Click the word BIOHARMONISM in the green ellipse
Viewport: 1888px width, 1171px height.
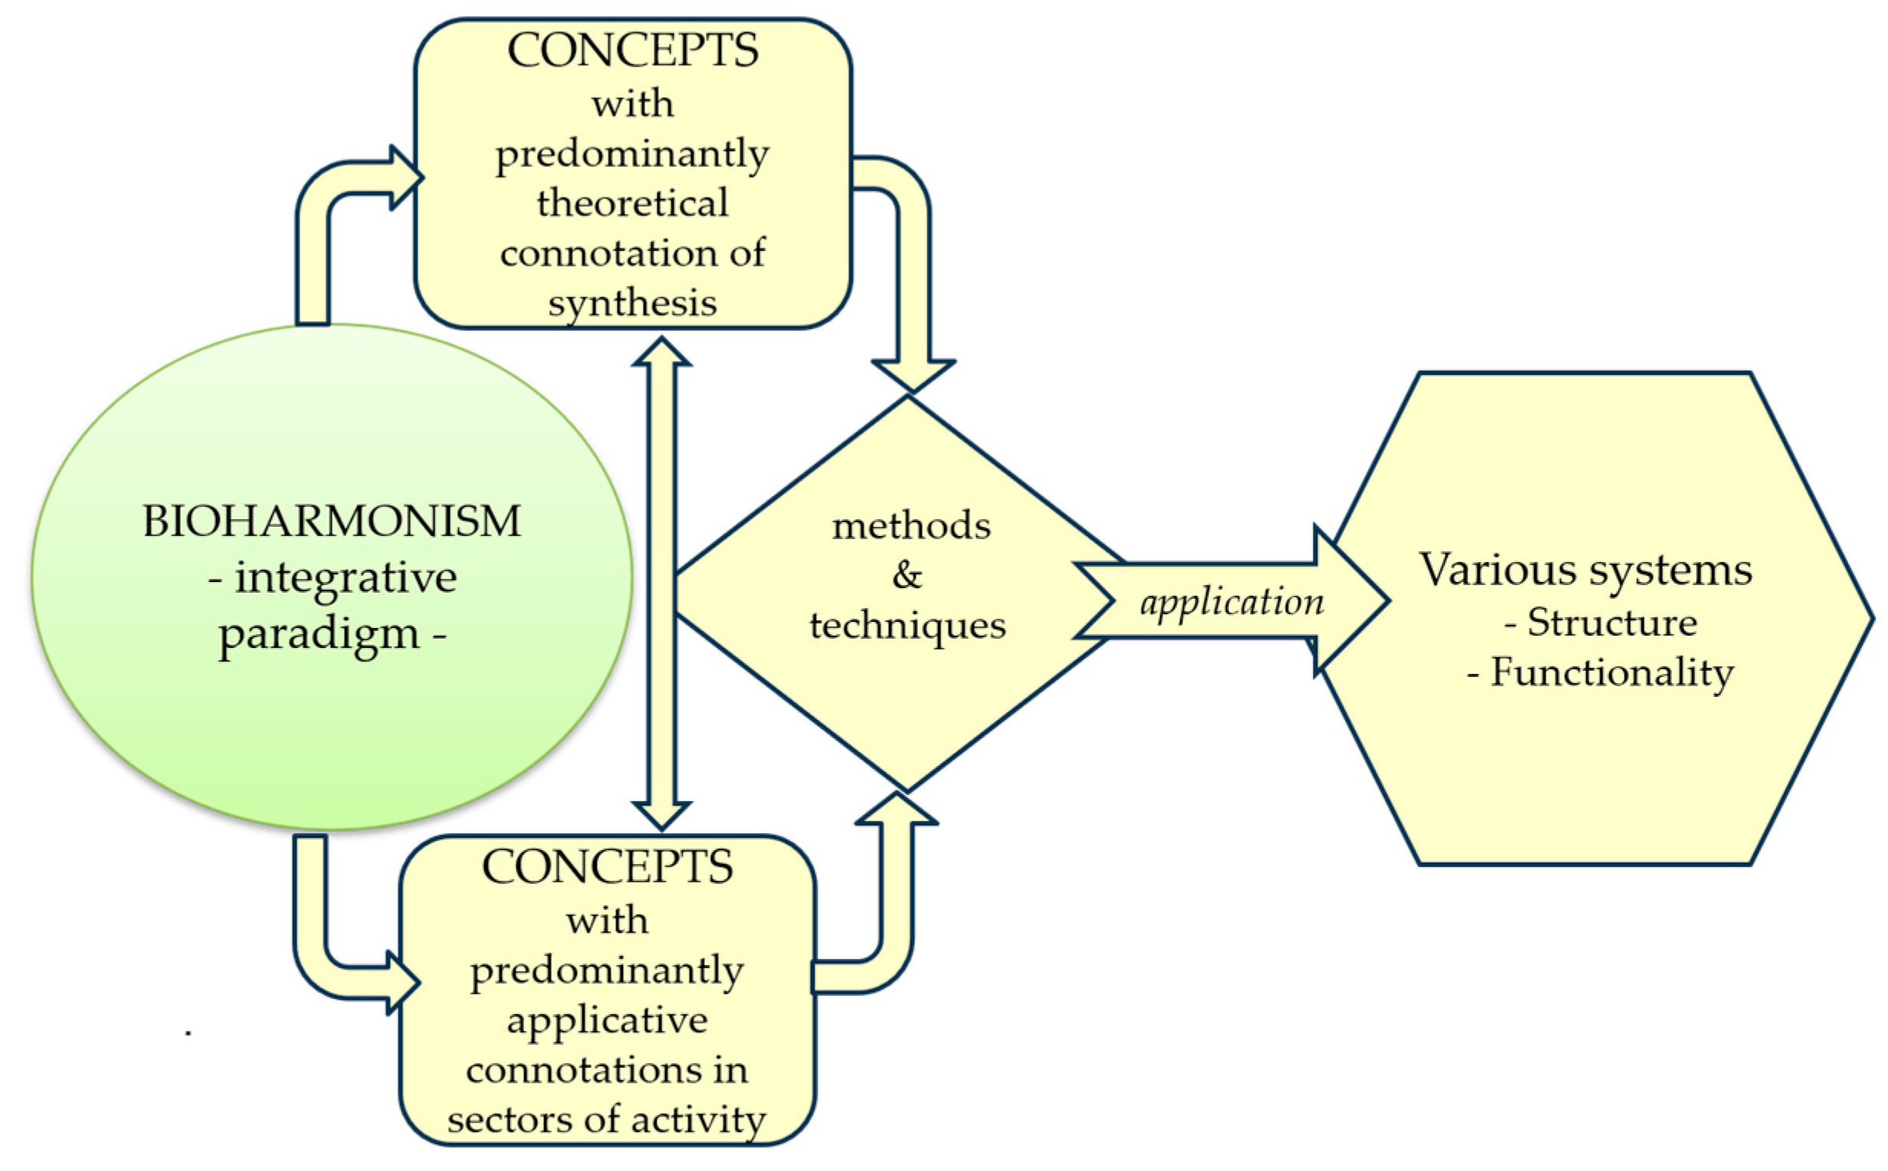(x=331, y=522)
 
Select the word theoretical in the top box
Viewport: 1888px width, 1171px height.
(x=632, y=204)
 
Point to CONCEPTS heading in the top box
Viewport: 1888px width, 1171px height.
(x=632, y=51)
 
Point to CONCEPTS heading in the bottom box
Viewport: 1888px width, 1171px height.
(x=607, y=868)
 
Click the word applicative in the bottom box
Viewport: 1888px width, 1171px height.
(x=607, y=1021)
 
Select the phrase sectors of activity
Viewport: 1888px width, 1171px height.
(x=607, y=1120)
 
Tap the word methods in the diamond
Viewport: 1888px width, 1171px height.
(x=911, y=527)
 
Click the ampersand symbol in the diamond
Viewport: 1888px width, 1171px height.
(x=907, y=575)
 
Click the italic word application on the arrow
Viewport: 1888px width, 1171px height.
(x=1232, y=603)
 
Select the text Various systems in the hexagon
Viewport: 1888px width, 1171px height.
(x=1585, y=570)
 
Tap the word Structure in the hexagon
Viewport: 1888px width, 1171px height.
(x=1611, y=623)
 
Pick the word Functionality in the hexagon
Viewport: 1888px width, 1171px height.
(x=1611, y=672)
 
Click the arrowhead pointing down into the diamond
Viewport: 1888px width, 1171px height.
(x=913, y=375)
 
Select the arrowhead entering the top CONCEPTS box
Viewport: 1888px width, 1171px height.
(x=405, y=178)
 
